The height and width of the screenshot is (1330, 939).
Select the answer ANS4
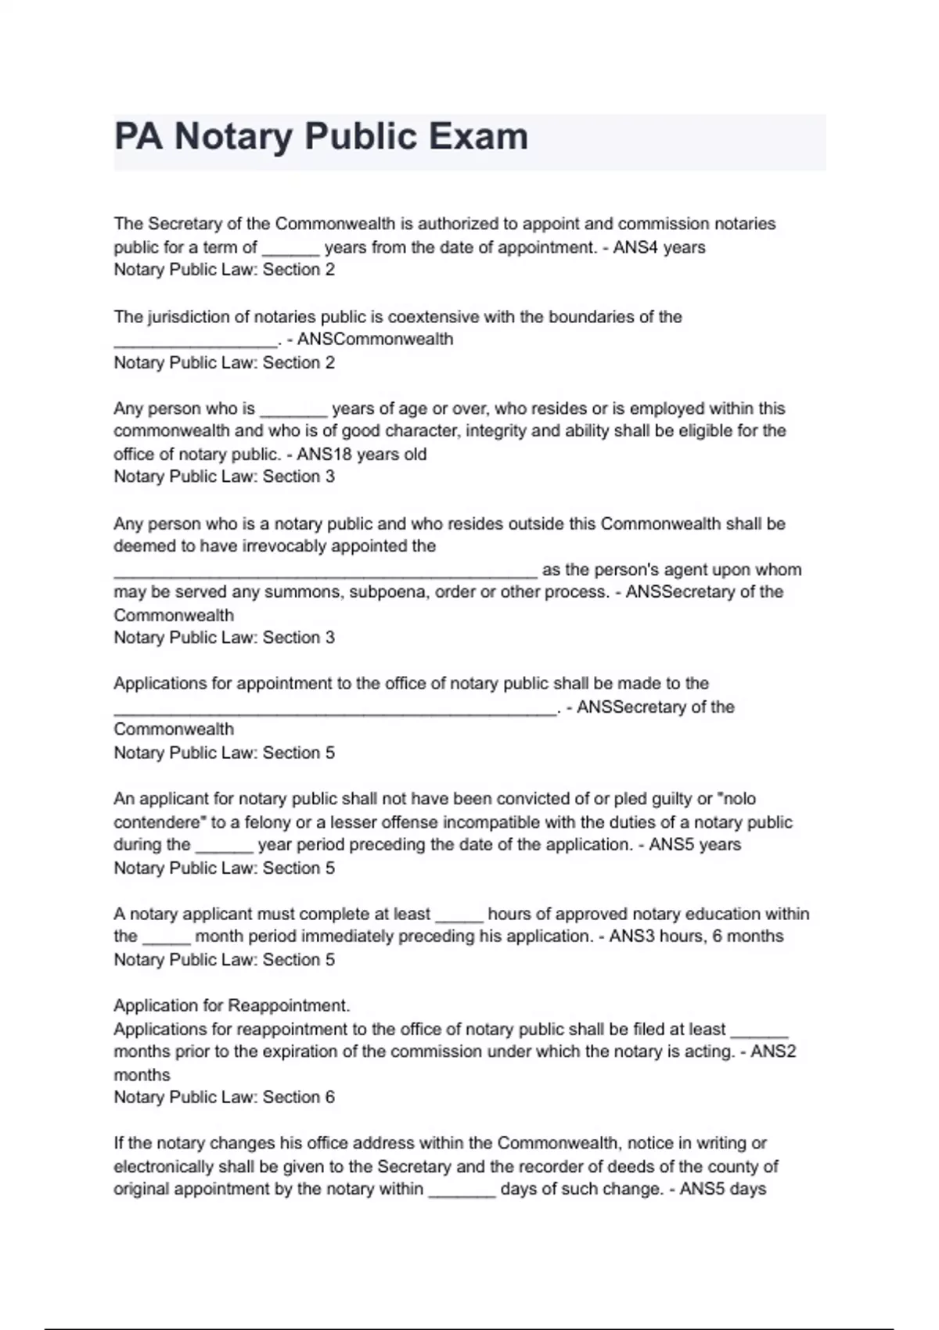pyautogui.click(x=637, y=247)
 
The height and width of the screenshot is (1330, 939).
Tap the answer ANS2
pyautogui.click(x=773, y=1051)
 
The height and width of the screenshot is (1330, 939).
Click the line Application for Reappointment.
pyautogui.click(x=232, y=1005)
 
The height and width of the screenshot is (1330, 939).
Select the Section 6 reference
pyautogui.click(x=298, y=1097)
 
